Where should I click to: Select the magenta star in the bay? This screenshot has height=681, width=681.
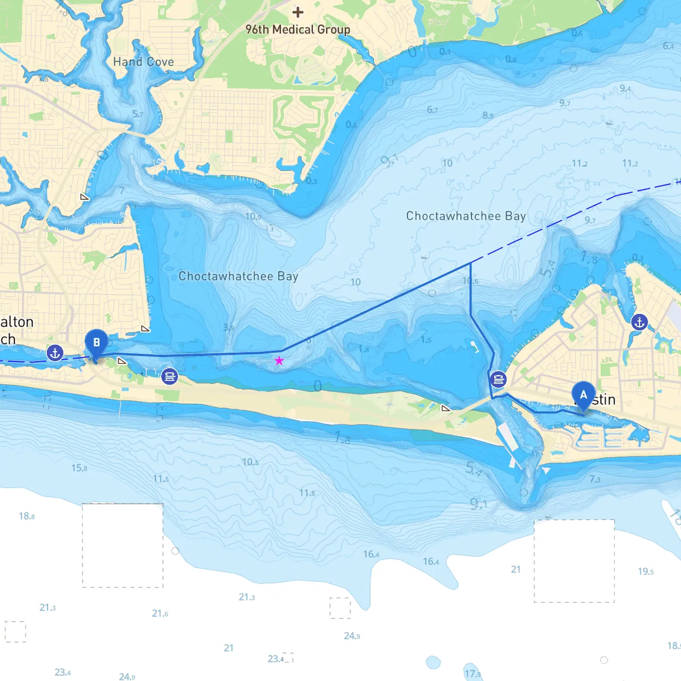(x=279, y=361)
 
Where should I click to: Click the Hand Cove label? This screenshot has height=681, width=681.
(x=143, y=62)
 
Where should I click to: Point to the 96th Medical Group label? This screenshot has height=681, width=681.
(x=298, y=30)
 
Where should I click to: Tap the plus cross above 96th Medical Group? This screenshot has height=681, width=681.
(x=298, y=12)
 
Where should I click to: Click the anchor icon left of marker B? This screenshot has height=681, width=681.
(x=55, y=352)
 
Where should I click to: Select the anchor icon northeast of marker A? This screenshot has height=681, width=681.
(x=639, y=322)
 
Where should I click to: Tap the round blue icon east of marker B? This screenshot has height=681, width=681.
(x=170, y=377)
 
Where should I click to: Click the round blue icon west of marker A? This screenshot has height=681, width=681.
(x=498, y=379)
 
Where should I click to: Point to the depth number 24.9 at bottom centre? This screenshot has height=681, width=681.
(x=352, y=636)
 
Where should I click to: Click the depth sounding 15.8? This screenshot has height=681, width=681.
(x=79, y=468)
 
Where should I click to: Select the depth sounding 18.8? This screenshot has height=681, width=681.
(x=27, y=516)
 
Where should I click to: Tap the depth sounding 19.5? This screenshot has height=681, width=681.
(x=645, y=571)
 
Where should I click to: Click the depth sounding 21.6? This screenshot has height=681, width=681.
(x=160, y=613)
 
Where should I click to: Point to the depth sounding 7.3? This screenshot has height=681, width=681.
(x=594, y=479)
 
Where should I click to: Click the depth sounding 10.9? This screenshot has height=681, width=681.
(x=253, y=217)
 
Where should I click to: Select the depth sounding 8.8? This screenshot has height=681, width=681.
(x=487, y=115)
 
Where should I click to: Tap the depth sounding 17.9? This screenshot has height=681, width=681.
(x=472, y=674)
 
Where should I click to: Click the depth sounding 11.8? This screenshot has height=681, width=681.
(x=306, y=493)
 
